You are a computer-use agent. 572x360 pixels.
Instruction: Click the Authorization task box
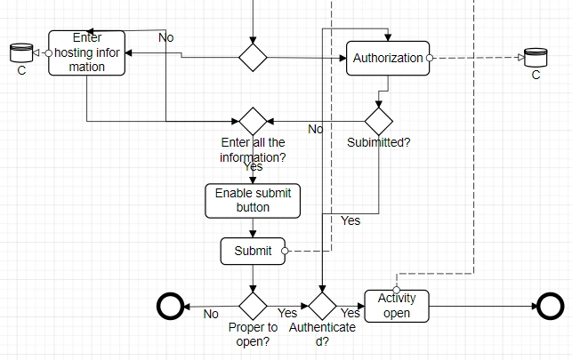pyautogui.click(x=388, y=59)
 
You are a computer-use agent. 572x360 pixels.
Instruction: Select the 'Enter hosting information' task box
pyautogui.click(x=86, y=52)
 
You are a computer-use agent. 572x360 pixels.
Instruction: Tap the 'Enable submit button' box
pyautogui.click(x=253, y=200)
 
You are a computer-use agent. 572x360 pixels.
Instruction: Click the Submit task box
pyautogui.click(x=253, y=251)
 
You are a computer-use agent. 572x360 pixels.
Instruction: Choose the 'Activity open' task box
pyautogui.click(x=397, y=306)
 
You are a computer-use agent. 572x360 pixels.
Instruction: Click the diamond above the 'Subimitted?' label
pyautogui.click(x=379, y=121)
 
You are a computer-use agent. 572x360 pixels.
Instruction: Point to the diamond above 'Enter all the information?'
pyautogui.click(x=253, y=121)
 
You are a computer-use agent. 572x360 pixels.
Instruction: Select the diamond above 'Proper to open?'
pyautogui.click(x=253, y=306)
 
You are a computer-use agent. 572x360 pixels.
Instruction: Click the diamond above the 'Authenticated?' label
pyautogui.click(x=322, y=306)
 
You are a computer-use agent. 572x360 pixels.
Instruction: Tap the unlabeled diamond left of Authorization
pyautogui.click(x=253, y=58)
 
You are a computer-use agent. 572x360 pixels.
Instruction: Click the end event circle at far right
pyautogui.click(x=551, y=307)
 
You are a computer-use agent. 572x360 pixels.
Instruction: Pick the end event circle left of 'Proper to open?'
pyautogui.click(x=170, y=307)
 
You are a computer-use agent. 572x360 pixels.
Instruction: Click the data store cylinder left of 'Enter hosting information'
pyautogui.click(x=20, y=53)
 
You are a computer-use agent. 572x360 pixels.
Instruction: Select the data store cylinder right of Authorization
pyautogui.click(x=536, y=58)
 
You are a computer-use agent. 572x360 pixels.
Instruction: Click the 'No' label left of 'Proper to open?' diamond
pyautogui.click(x=211, y=314)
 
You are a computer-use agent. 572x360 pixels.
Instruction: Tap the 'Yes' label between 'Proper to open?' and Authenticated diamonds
pyautogui.click(x=287, y=313)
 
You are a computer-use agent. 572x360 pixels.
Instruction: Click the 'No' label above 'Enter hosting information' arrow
pyautogui.click(x=165, y=37)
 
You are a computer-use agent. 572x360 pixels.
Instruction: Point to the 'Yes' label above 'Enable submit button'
pyautogui.click(x=253, y=166)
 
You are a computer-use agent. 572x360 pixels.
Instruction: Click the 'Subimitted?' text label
pyautogui.click(x=378, y=141)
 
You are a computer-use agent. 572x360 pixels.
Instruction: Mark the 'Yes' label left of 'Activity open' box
pyautogui.click(x=350, y=313)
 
